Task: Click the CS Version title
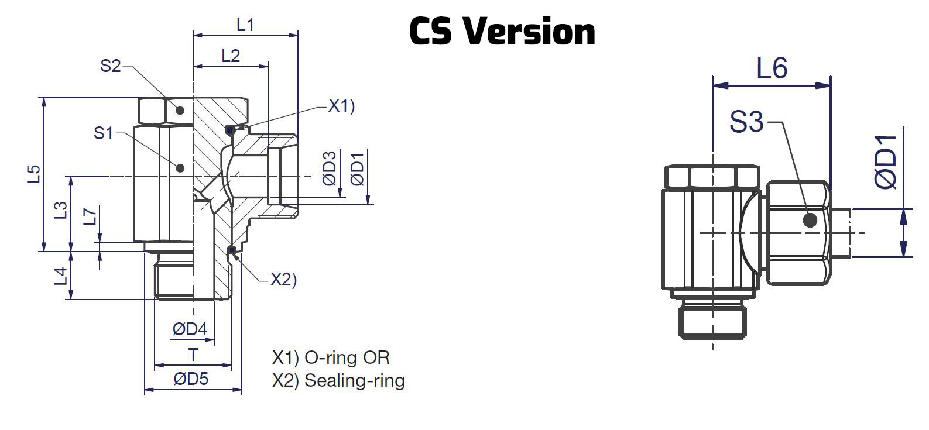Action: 502,32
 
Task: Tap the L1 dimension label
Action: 245,25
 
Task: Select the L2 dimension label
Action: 231,56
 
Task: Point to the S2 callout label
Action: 110,66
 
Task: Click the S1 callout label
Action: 104,133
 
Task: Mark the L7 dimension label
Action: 89,217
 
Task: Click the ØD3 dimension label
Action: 330,168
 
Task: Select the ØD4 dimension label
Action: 190,329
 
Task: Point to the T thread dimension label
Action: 193,355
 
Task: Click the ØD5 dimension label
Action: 191,379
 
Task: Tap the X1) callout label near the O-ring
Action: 341,106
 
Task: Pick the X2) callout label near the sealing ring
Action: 283,280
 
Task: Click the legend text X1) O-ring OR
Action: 331,357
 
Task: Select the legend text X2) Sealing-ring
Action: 338,381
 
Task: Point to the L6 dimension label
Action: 772,68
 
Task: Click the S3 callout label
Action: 746,123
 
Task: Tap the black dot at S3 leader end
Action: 810,221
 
